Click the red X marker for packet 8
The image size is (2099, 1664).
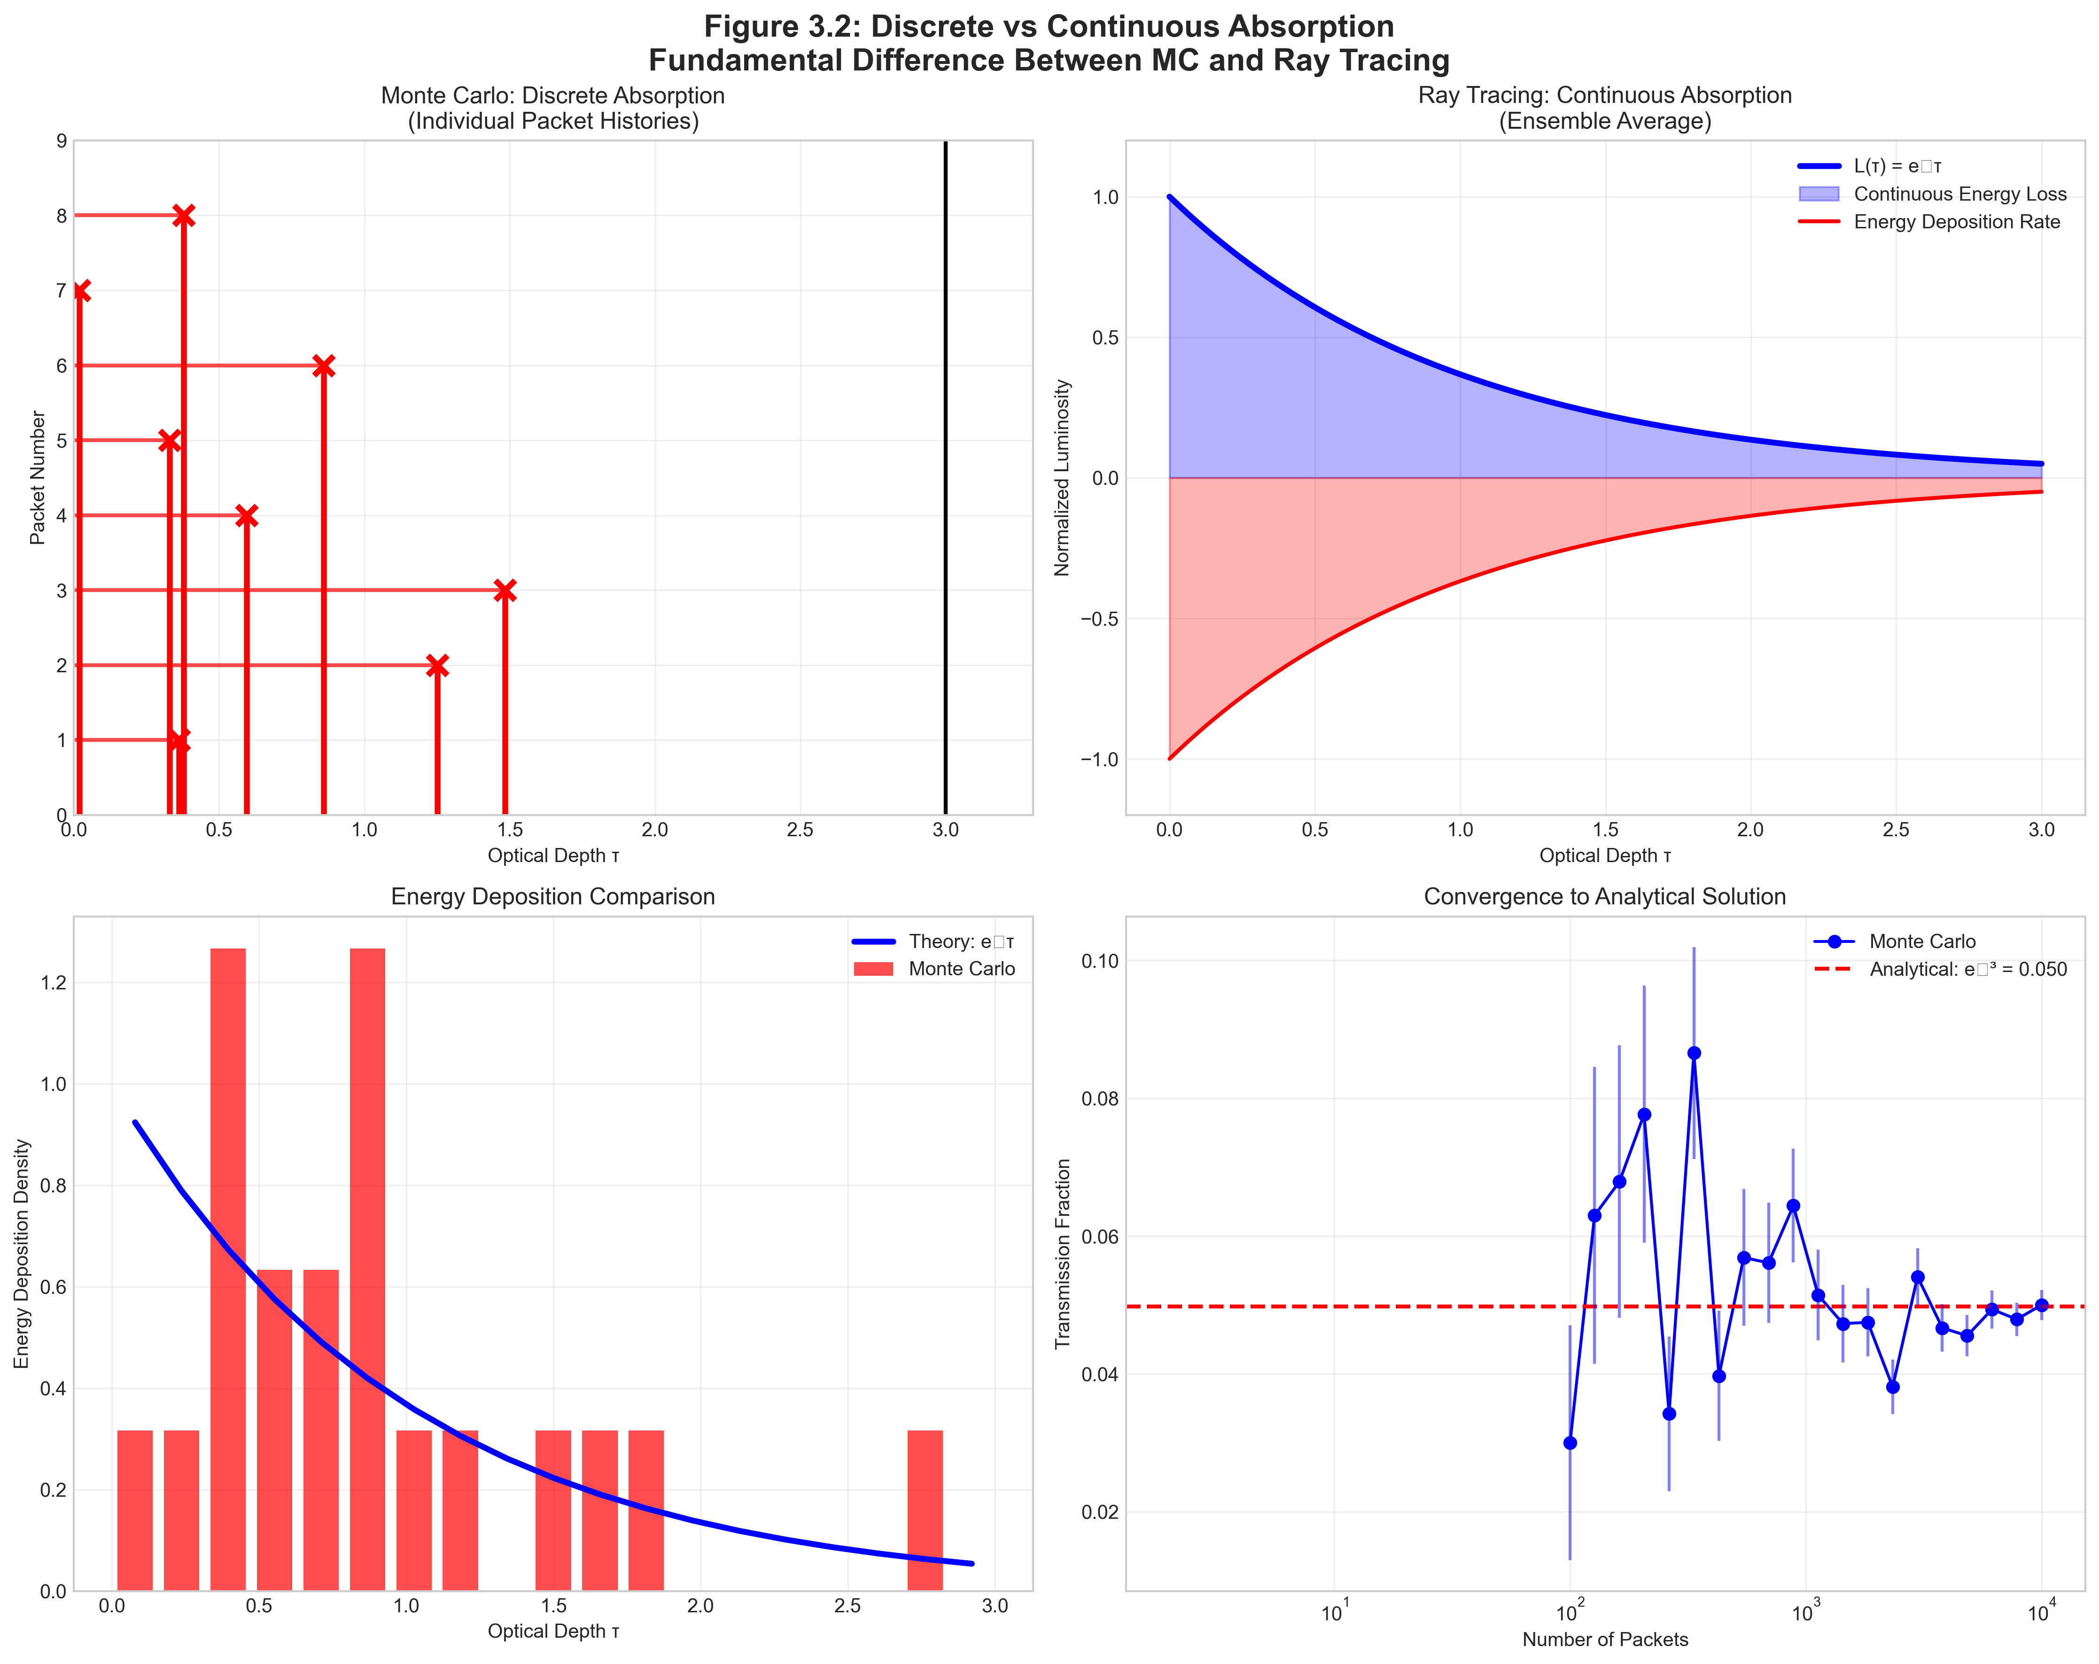click(183, 215)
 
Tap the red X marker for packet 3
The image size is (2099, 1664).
click(504, 590)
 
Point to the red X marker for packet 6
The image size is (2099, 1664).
click(323, 366)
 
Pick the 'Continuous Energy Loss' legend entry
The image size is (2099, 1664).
click(1959, 194)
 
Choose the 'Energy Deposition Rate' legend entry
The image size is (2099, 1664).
click(1957, 222)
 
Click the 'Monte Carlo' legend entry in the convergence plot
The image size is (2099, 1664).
click(1922, 941)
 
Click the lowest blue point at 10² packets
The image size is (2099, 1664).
click(1570, 1443)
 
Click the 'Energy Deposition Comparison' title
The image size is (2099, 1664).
click(553, 897)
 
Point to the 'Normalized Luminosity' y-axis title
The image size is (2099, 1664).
click(1062, 477)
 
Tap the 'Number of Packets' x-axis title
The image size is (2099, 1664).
click(1604, 1640)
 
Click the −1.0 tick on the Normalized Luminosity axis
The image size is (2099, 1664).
click(1098, 760)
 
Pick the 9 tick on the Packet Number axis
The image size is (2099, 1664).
click(62, 141)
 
